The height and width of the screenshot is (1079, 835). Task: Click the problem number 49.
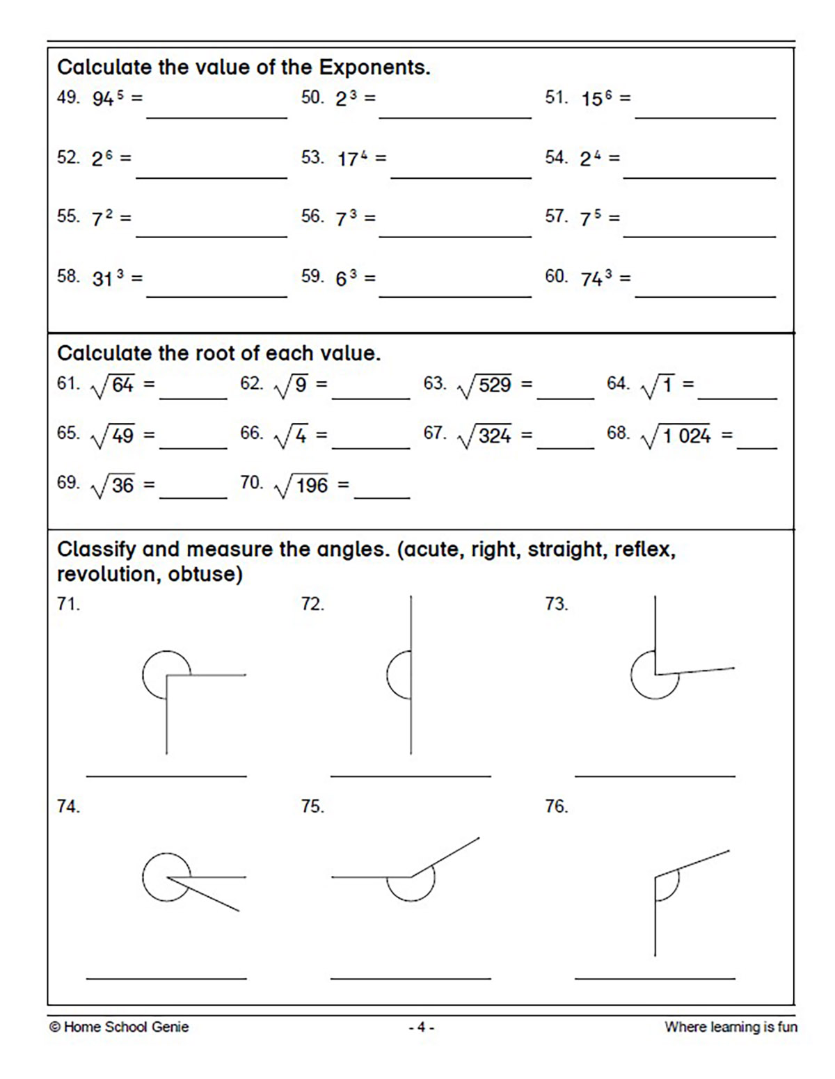pos(68,97)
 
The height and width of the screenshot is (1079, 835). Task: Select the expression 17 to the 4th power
pos(353,159)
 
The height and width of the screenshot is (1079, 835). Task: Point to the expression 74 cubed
pos(596,278)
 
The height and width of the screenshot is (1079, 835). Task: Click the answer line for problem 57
pos(699,235)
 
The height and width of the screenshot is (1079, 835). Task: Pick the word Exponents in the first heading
pos(374,67)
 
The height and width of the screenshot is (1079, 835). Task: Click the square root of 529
pos(486,385)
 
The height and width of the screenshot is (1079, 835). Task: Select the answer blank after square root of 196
pos(381,497)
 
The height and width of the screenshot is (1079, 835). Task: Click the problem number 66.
pos(251,433)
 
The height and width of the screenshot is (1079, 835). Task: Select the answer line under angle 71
pos(166,774)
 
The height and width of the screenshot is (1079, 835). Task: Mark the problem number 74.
pos(68,806)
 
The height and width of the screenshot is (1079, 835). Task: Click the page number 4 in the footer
pos(421,1027)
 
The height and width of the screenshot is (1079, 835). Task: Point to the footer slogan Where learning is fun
pos(731,1027)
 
